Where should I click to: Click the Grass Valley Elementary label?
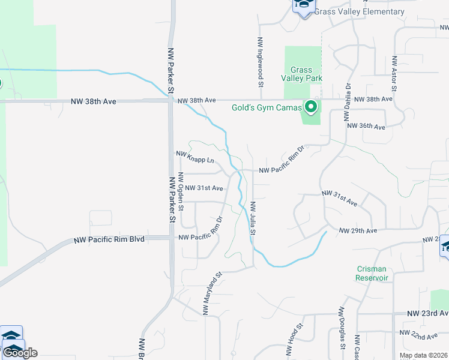[x=359, y=12]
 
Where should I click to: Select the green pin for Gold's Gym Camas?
[x=311, y=107]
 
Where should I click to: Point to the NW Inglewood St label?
[x=261, y=62]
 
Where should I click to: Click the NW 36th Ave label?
[x=366, y=127]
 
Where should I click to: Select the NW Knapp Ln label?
[x=195, y=157]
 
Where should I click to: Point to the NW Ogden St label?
[x=181, y=193]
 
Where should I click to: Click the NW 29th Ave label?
[x=358, y=230]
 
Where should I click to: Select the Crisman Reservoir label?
[x=372, y=274]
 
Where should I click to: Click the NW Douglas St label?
[x=342, y=328]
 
